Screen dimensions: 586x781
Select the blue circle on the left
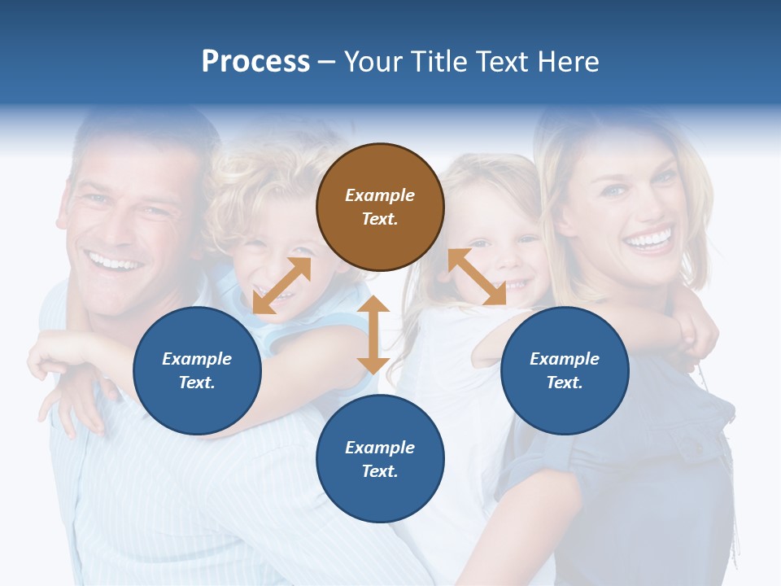tap(197, 370)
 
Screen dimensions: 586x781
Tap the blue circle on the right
tap(565, 370)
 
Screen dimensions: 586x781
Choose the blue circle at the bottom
tap(380, 459)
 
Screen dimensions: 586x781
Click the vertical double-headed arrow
tap(373, 335)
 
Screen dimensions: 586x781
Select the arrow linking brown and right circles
tap(477, 277)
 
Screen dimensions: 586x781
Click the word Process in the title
tap(255, 62)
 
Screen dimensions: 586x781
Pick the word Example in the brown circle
tap(380, 195)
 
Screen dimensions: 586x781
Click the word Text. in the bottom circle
tap(380, 471)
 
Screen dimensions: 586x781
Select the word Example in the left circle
tap(197, 359)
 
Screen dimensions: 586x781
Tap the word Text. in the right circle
tap(565, 383)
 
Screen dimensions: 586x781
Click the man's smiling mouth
tap(116, 263)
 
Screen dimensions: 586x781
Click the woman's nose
tap(642, 203)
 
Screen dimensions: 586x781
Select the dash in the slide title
tap(327, 62)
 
